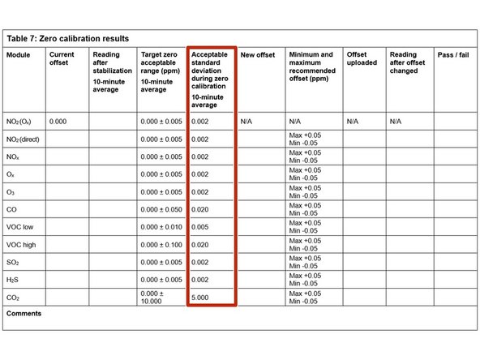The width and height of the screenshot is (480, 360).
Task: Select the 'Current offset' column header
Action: click(62, 59)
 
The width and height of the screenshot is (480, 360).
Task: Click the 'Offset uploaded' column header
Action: click(362, 59)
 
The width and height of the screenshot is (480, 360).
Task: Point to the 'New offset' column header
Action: click(259, 55)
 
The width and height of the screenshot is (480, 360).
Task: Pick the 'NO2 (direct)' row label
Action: click(28, 139)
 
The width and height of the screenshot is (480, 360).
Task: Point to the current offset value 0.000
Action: click(58, 122)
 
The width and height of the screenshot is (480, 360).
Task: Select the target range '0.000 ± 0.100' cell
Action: click(161, 244)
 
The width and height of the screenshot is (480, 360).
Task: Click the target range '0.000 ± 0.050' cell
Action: click(161, 209)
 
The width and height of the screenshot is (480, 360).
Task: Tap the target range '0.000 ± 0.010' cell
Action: click(161, 226)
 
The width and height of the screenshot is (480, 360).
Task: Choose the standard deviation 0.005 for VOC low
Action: click(200, 226)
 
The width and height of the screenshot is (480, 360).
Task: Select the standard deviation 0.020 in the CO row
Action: click(200, 209)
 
